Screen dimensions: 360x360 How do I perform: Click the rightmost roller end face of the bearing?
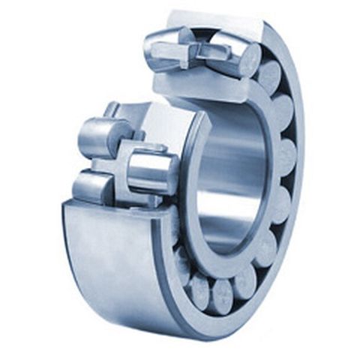tap(285, 157)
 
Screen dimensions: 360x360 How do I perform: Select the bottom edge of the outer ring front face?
tap(225, 331)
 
